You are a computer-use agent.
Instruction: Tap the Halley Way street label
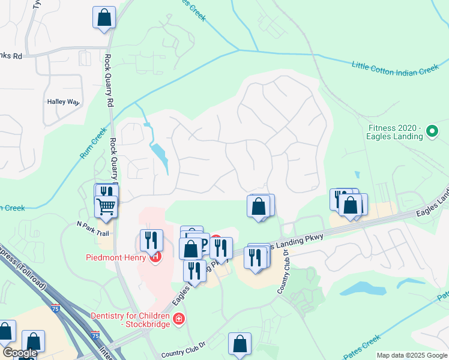point(63,102)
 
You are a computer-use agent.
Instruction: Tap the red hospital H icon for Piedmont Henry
point(155,257)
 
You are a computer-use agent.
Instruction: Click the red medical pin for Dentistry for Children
point(178,319)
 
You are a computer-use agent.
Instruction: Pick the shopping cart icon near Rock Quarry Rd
point(106,206)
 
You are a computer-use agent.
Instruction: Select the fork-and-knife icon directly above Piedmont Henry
point(151,240)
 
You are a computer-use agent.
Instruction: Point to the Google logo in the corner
point(19,353)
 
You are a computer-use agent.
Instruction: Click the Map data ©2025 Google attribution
point(411,355)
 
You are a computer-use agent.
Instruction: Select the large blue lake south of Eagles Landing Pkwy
point(363,289)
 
